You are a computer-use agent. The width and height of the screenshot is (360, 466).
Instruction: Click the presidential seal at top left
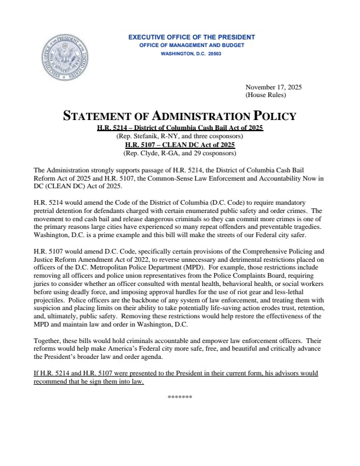pyautogui.click(x=64, y=58)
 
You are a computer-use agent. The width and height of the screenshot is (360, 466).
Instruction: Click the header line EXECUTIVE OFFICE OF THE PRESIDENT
pyautogui.click(x=192, y=38)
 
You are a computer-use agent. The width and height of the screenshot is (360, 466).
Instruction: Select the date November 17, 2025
pyautogui.click(x=274, y=87)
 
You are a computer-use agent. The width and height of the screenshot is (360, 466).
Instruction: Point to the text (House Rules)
pyautogui.click(x=265, y=95)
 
